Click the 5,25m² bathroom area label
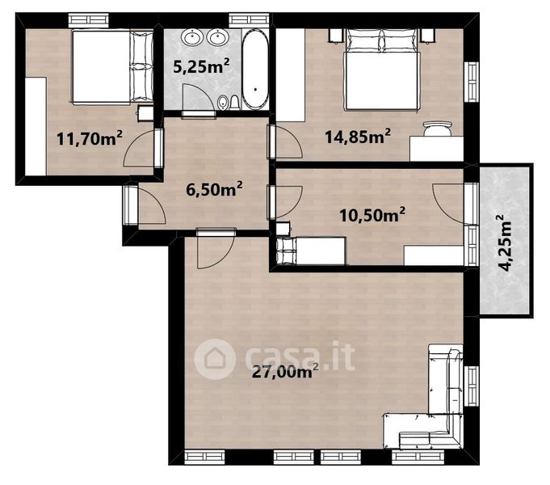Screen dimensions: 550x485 tap(201, 65)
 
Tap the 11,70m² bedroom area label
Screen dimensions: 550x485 tap(90, 138)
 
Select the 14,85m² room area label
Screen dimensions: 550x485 tap(358, 137)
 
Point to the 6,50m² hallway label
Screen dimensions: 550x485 tap(214, 190)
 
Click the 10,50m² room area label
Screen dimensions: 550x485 tap(372, 214)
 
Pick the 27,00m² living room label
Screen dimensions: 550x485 tap(285, 371)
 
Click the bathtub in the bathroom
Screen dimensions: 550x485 tap(256, 70)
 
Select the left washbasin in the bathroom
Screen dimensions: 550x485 tap(191, 37)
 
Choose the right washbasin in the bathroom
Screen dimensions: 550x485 tap(217, 37)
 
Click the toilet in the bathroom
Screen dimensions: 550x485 tap(235, 103)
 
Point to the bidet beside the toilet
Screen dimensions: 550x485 tap(222, 103)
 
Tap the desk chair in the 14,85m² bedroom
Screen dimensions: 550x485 tap(438, 129)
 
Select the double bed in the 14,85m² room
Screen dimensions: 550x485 tap(382, 70)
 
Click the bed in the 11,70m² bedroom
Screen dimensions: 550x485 tap(112, 67)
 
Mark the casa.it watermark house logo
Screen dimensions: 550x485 tap(215, 359)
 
